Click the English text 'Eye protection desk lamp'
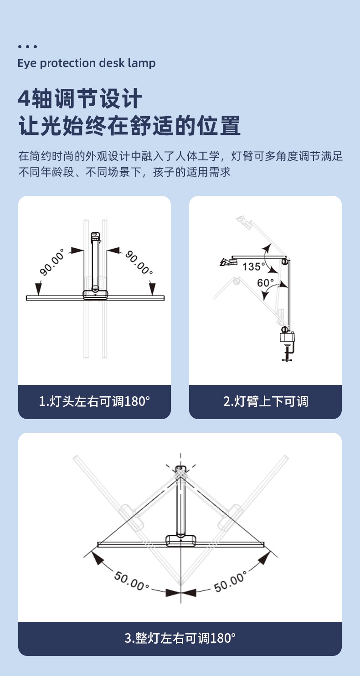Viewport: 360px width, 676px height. (x=87, y=63)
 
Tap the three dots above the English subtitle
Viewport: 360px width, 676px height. (x=27, y=46)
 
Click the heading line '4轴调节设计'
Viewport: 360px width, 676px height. (x=80, y=98)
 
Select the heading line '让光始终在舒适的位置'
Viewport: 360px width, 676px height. (x=129, y=125)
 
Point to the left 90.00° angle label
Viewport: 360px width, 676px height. (x=52, y=262)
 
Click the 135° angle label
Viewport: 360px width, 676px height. (x=253, y=266)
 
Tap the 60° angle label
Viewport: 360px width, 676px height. (x=265, y=283)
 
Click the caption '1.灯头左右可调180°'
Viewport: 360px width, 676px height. (x=94, y=401)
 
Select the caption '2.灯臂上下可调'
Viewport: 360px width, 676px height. (x=266, y=401)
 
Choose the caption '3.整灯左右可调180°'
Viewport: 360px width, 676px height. (x=180, y=638)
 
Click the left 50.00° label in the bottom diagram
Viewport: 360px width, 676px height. (x=132, y=581)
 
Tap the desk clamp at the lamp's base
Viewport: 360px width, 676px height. (x=287, y=347)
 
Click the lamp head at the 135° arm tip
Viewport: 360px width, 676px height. (x=228, y=261)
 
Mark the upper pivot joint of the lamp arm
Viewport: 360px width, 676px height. (x=284, y=261)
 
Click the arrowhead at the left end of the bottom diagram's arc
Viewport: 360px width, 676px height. (x=97, y=558)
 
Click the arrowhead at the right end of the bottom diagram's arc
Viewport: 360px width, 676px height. (x=264, y=558)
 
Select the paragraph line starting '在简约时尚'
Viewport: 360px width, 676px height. (x=180, y=156)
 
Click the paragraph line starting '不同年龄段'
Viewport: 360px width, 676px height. (x=124, y=172)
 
